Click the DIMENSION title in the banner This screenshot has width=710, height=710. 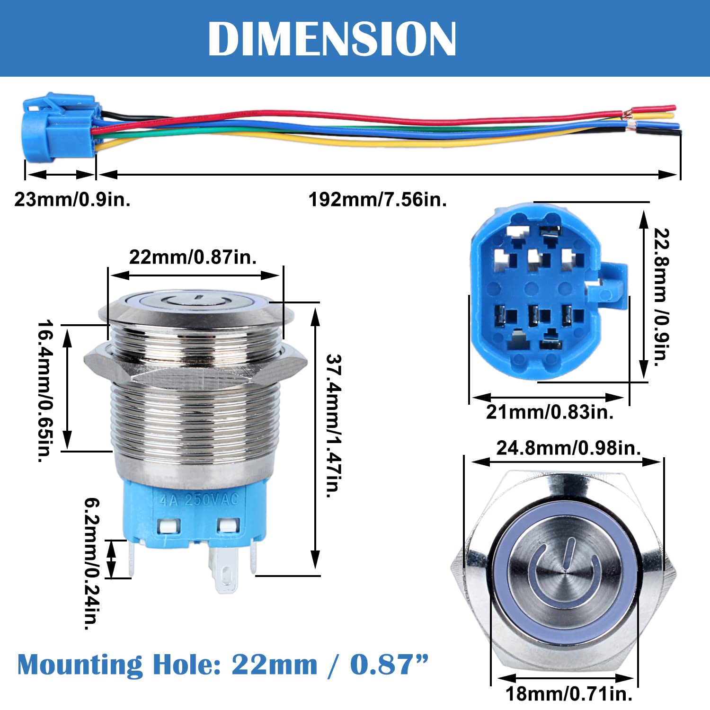tap(332, 39)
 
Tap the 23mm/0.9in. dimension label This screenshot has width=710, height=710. tap(72, 200)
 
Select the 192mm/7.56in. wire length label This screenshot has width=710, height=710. tap(377, 200)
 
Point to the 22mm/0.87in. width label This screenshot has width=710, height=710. tap(193, 257)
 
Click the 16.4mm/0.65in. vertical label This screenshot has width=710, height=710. tap(45, 391)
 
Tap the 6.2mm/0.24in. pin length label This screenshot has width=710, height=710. tap(92, 563)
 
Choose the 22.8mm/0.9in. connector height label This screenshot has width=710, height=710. tap(662, 297)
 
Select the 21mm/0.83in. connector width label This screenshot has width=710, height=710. tap(550, 412)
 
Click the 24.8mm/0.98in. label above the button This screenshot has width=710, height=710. tap(568, 448)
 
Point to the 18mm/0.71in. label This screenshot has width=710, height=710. tap(569, 694)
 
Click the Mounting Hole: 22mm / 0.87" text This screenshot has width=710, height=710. tap(222, 665)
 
